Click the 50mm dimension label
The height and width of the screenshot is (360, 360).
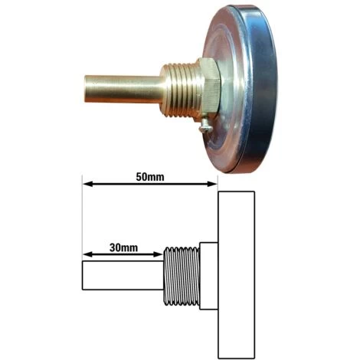(x=150, y=177)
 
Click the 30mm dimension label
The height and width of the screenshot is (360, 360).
(x=123, y=247)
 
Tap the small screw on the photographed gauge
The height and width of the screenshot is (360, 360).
(x=205, y=126)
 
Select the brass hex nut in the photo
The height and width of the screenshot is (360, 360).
(x=209, y=88)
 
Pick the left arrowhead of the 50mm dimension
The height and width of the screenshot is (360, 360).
(x=87, y=184)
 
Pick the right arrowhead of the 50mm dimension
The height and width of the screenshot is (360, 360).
(x=212, y=184)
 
